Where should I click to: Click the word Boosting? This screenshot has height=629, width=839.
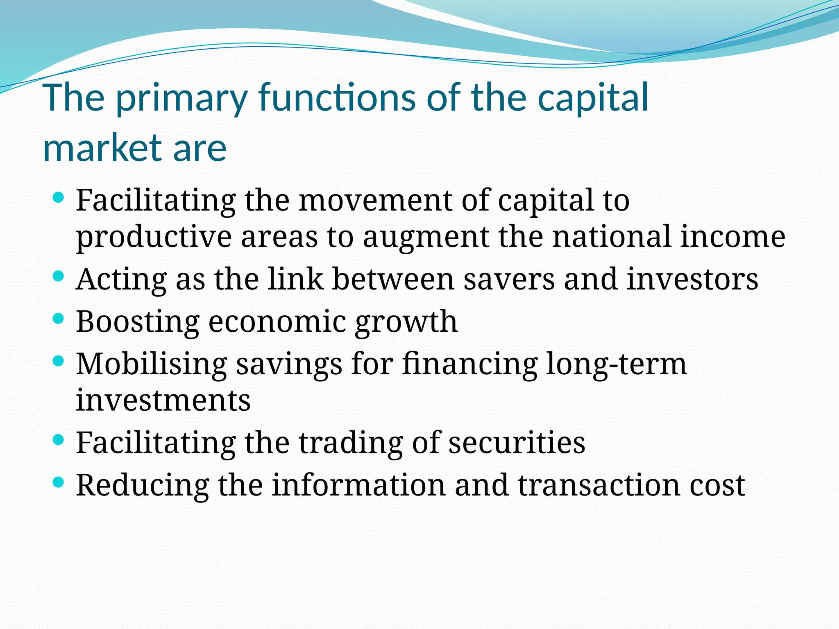coord(138,322)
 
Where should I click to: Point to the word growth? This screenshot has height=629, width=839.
coord(406,322)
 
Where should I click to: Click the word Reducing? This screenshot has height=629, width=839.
coord(142,486)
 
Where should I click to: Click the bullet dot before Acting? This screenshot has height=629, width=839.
coord(59,276)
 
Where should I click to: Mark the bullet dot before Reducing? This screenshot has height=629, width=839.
coord(59,482)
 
